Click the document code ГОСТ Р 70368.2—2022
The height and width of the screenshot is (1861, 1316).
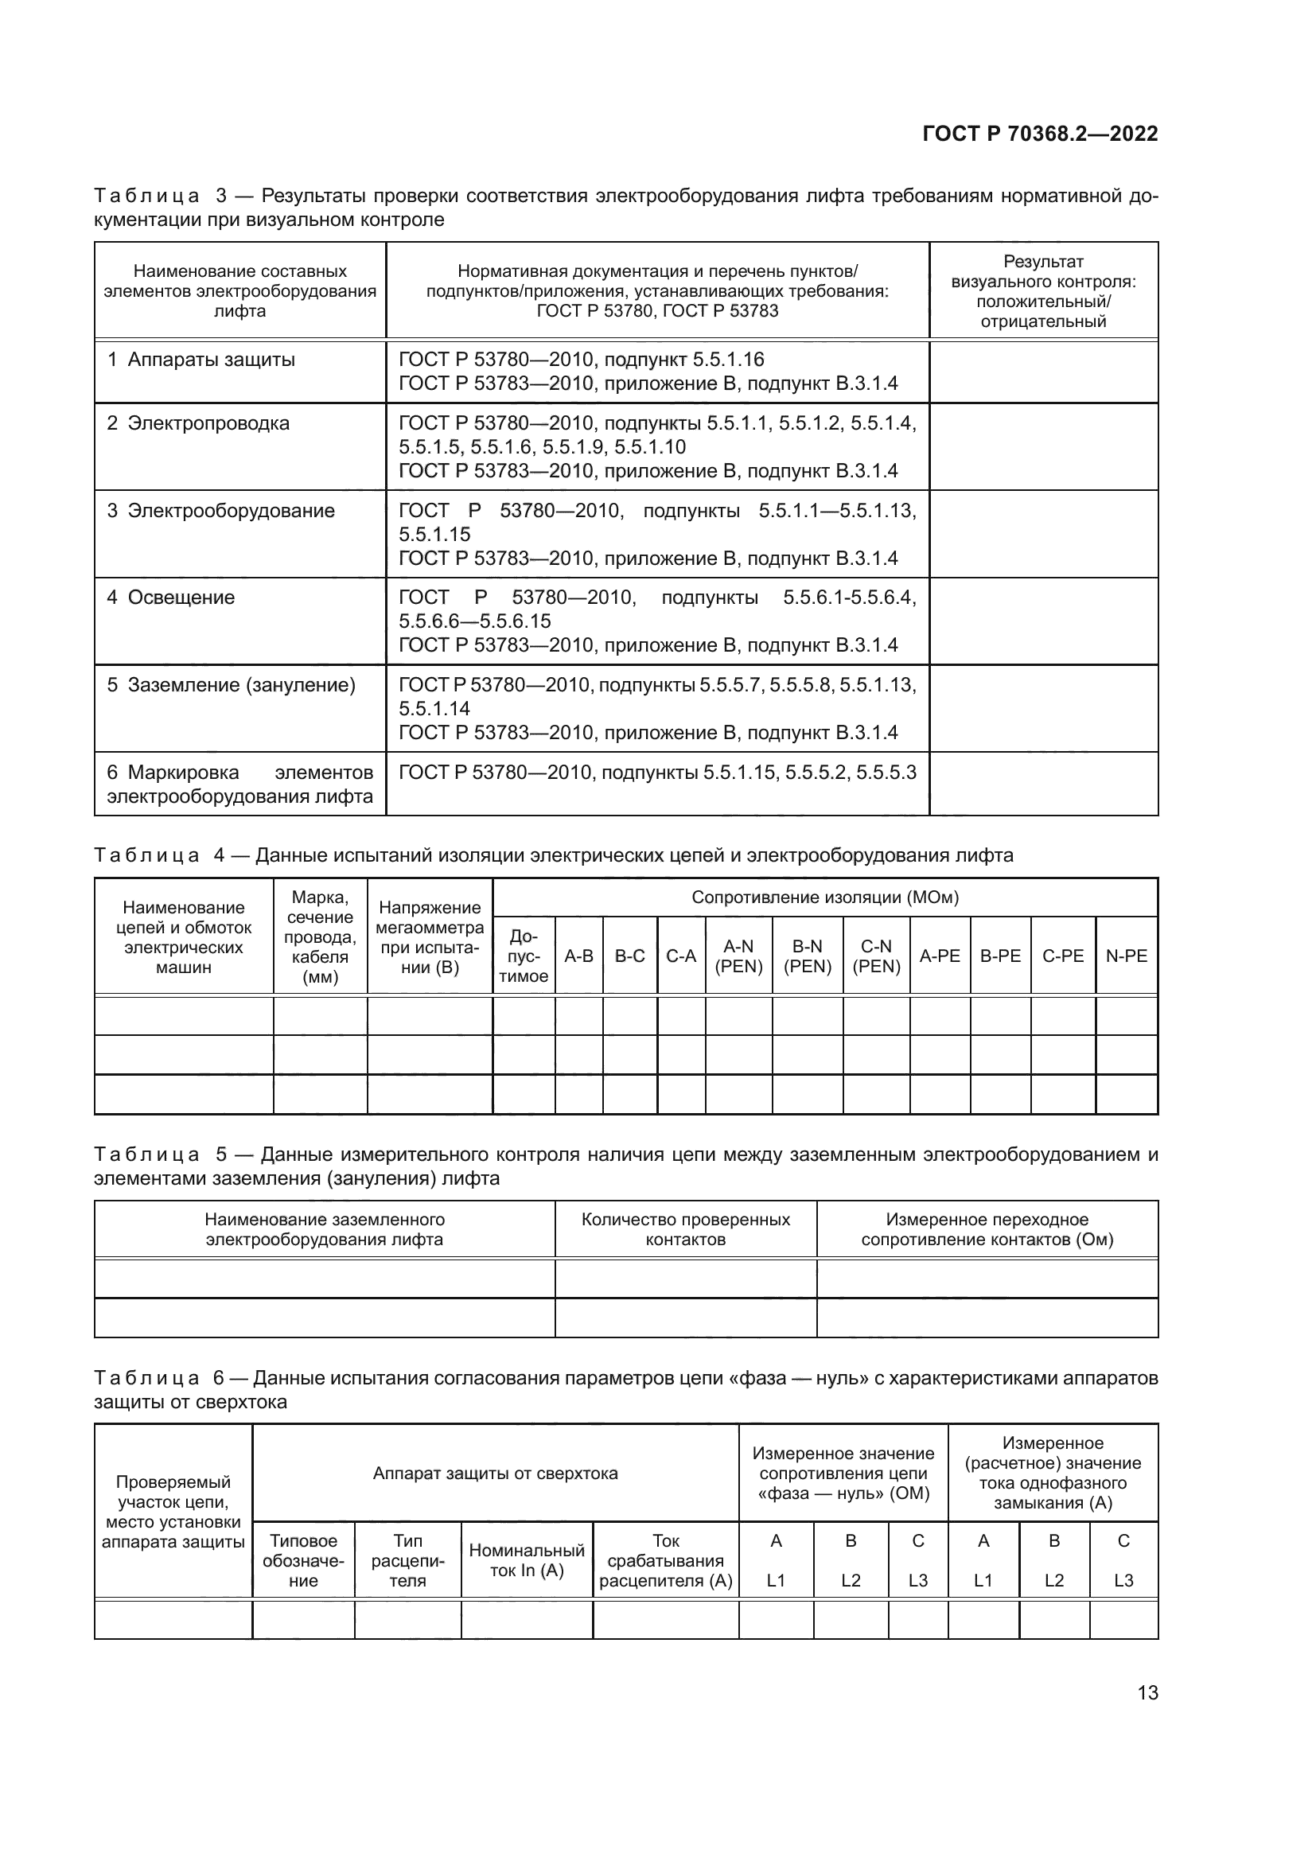[x=1040, y=134]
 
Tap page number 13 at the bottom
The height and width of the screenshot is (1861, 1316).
[x=1147, y=1693]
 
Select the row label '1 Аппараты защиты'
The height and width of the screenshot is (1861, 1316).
[x=202, y=360]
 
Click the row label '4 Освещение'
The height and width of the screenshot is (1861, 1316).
[x=171, y=598]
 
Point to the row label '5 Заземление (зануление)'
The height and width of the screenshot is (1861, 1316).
[x=232, y=685]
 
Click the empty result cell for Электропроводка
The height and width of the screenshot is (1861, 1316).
[x=1043, y=446]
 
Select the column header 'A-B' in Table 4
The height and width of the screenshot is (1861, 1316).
[x=578, y=956]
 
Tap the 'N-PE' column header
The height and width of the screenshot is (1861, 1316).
[x=1126, y=956]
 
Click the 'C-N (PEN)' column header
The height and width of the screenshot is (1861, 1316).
[x=876, y=956]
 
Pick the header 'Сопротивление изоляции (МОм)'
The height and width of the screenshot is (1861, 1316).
[x=824, y=897]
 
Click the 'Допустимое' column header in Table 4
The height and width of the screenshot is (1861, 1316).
[x=524, y=956]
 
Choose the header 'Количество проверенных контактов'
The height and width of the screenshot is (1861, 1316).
[x=685, y=1229]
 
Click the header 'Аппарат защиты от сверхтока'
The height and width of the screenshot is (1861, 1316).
[x=495, y=1474]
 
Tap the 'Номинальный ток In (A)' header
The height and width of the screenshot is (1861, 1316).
[x=527, y=1560]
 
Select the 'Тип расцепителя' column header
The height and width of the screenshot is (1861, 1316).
[x=407, y=1560]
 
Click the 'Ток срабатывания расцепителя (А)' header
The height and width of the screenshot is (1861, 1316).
[x=665, y=1560]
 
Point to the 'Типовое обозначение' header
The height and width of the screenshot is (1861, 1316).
[x=303, y=1560]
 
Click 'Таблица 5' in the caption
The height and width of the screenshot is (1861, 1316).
[x=146, y=1155]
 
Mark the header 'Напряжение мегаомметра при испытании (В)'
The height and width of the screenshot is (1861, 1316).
[x=430, y=937]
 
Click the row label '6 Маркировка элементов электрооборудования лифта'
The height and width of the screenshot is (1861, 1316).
[x=239, y=784]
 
